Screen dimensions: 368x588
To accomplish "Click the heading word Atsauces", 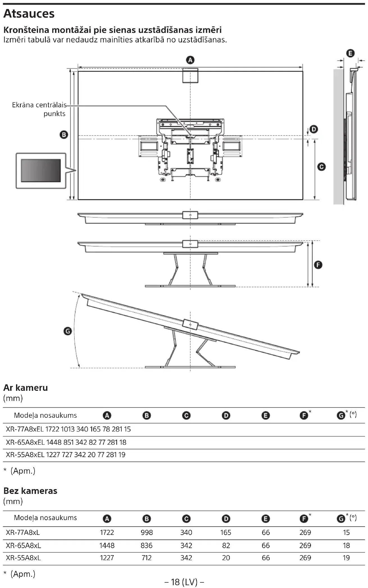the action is (x=29, y=14).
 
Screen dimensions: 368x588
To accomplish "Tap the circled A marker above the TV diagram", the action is (x=190, y=60).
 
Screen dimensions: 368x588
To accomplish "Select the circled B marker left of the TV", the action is (x=64, y=135).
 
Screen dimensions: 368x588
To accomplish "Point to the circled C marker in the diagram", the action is (x=321, y=167).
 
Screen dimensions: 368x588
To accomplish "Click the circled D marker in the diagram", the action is (x=314, y=129).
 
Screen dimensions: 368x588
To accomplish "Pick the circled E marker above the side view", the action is (x=350, y=53).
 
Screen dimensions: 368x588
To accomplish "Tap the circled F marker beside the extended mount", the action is (x=318, y=265).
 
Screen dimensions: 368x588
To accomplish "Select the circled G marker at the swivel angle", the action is (x=68, y=331).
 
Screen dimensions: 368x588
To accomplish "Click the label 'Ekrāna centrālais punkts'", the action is (x=39, y=109).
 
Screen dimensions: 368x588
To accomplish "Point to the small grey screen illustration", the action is (x=41, y=171).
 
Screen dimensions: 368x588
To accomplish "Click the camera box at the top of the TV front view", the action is (x=190, y=76).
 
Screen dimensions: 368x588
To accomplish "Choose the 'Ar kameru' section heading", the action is (x=26, y=388).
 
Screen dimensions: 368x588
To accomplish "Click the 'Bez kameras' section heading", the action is (x=30, y=491).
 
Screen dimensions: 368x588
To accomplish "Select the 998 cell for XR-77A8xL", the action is (x=147, y=532).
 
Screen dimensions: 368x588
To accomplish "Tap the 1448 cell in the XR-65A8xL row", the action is (x=107, y=545).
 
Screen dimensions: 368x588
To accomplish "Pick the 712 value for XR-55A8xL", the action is (x=147, y=558).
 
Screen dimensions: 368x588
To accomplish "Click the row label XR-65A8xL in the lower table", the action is (x=24, y=545).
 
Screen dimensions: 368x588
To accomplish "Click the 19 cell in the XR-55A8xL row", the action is (x=346, y=558).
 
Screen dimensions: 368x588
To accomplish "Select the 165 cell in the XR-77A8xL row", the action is (x=226, y=532).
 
